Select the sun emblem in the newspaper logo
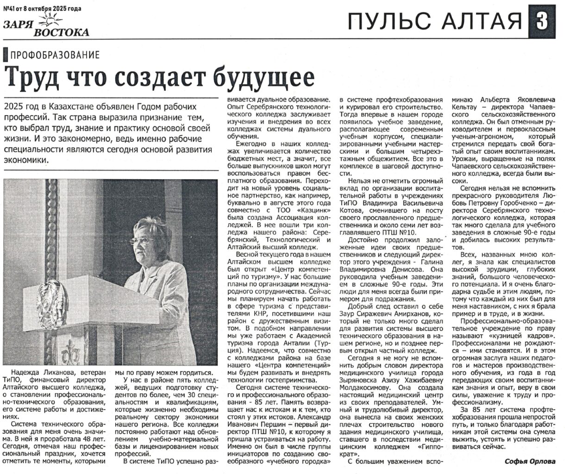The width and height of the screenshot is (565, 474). point(49,20)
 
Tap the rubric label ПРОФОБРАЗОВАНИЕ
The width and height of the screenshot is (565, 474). point(55,56)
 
